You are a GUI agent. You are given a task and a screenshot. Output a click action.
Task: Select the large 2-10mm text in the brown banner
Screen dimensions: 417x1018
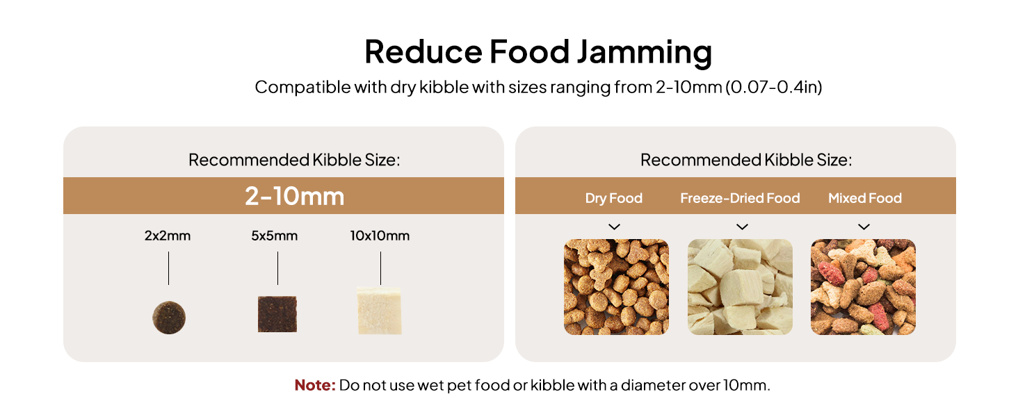click(x=295, y=196)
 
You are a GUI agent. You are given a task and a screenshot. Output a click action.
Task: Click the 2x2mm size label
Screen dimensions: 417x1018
click(x=168, y=236)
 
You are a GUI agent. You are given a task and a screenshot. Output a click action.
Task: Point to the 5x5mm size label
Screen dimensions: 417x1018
click(x=275, y=236)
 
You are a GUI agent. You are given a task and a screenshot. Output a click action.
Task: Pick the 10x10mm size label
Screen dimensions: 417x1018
click(x=380, y=236)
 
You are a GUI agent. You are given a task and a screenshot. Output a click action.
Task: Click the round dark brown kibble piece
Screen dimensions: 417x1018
click(x=169, y=317)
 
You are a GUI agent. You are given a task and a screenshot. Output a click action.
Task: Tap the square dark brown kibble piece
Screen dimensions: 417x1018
click(x=277, y=314)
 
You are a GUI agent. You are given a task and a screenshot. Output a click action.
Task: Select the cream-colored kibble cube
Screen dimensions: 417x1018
click(x=380, y=310)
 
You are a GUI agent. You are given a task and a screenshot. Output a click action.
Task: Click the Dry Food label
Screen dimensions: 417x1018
click(x=613, y=198)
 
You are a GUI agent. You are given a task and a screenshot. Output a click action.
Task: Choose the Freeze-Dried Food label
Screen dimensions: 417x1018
click(x=740, y=198)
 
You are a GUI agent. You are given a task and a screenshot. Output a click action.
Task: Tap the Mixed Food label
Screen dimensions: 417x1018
click(x=864, y=198)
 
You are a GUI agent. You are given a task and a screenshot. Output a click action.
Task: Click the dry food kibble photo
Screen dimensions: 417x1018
click(x=616, y=287)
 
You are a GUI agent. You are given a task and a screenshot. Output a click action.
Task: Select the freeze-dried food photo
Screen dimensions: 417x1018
click(x=740, y=287)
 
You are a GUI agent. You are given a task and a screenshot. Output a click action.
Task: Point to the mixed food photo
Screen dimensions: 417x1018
click(x=863, y=287)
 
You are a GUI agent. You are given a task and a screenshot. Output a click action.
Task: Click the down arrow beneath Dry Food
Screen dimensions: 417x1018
click(x=614, y=227)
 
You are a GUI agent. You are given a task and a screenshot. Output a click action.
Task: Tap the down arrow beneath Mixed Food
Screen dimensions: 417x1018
click(x=864, y=227)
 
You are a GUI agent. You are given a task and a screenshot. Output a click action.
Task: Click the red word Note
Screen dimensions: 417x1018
click(x=315, y=385)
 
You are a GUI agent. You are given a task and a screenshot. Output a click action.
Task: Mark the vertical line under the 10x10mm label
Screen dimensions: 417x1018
click(x=380, y=268)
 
